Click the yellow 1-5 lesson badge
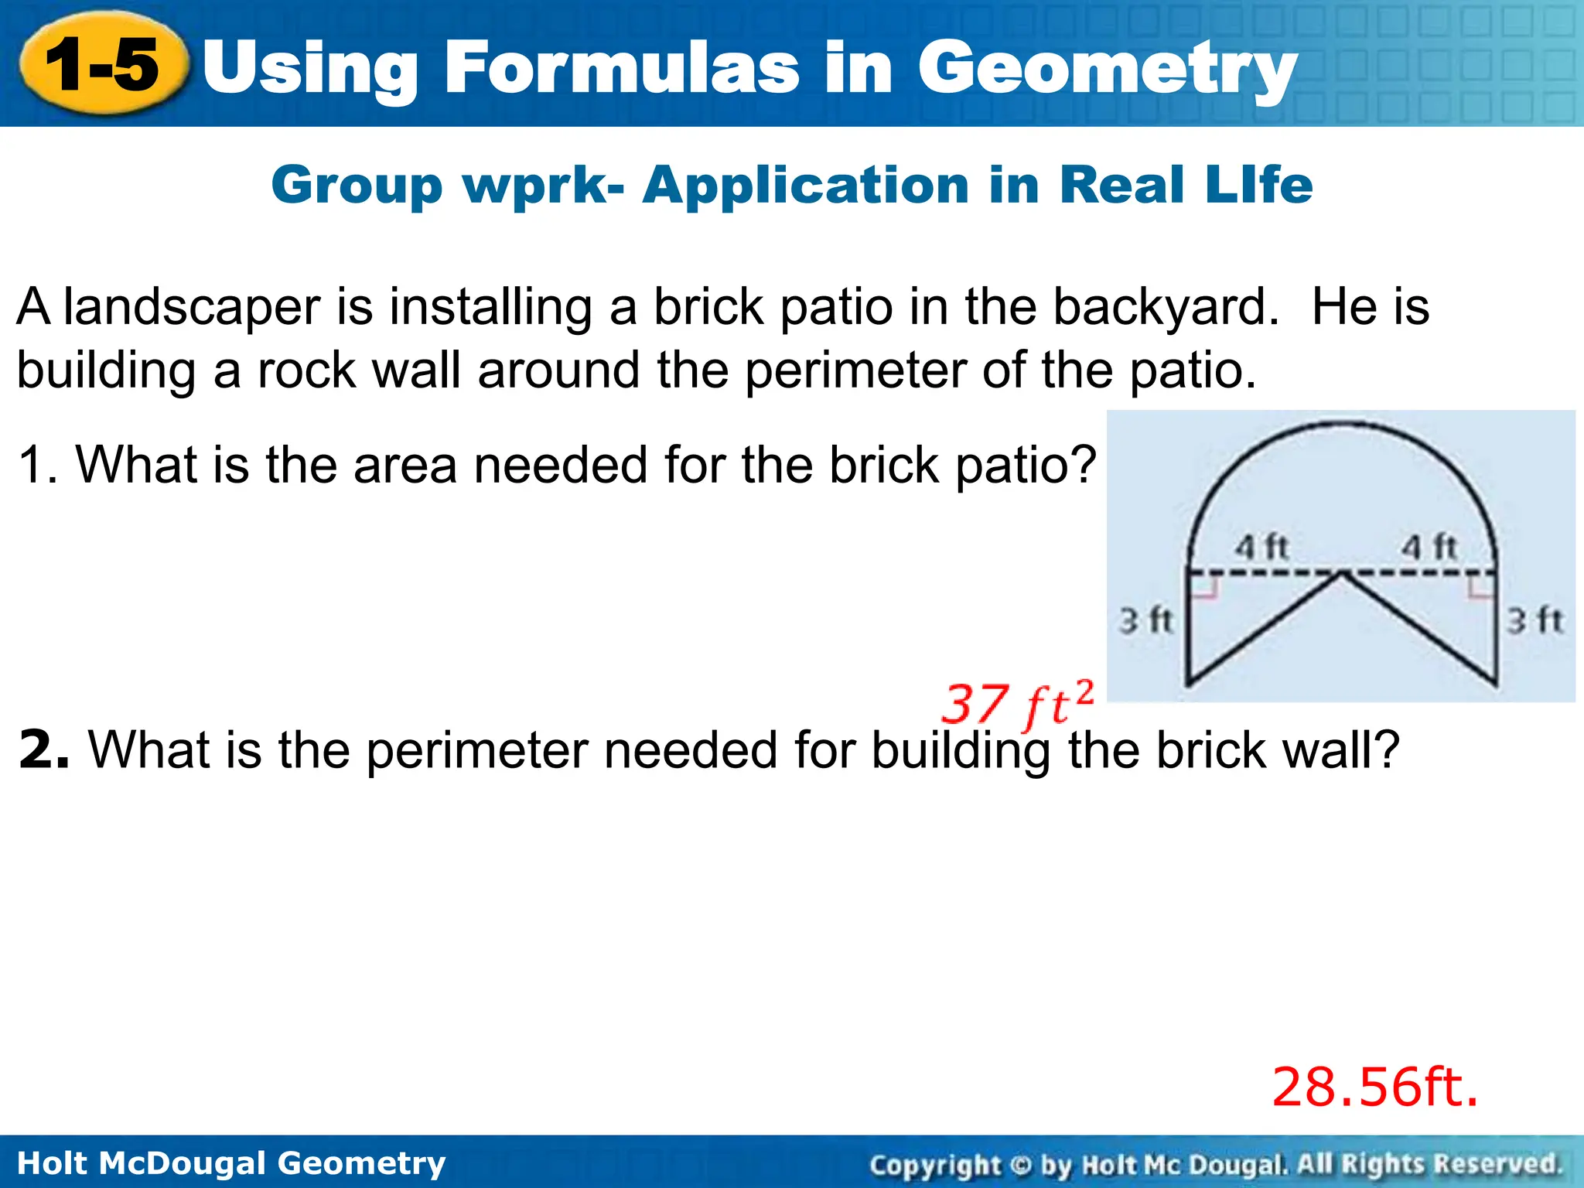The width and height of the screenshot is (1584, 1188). (x=103, y=64)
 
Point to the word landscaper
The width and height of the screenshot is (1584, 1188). (x=191, y=307)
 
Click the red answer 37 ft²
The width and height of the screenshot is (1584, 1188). (x=1018, y=705)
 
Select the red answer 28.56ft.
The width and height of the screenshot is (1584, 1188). (x=1375, y=1087)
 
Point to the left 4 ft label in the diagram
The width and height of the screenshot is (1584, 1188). (x=1261, y=548)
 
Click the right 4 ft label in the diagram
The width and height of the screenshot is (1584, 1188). (x=1429, y=548)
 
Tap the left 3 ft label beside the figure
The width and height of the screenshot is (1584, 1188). (x=1146, y=620)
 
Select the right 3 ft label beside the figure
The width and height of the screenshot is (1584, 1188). (x=1535, y=620)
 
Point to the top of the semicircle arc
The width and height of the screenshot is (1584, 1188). (x=1342, y=424)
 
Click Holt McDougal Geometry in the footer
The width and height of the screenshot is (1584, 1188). (x=231, y=1163)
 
